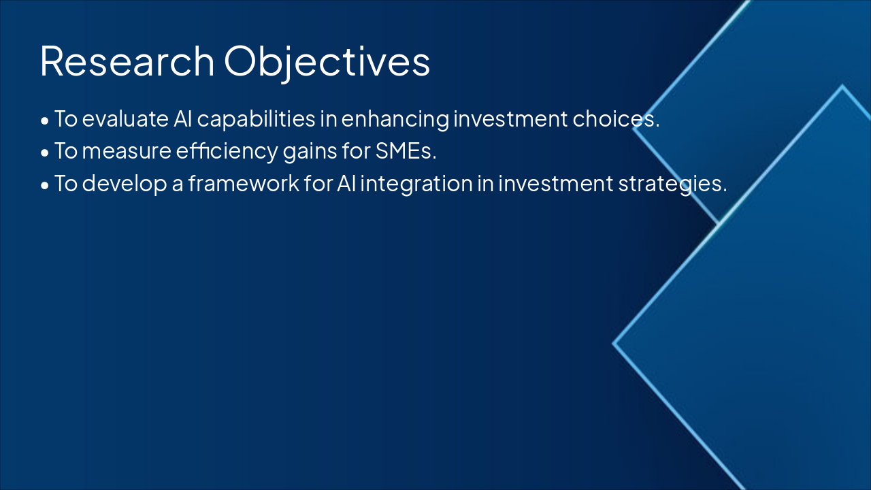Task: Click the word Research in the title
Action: click(127, 61)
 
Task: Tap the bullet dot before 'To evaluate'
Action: click(45, 121)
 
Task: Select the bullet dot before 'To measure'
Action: click(45, 153)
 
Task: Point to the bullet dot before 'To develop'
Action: click(45, 185)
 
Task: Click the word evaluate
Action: click(125, 119)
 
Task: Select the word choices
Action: click(616, 119)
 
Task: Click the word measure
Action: click(127, 151)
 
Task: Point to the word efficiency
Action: click(227, 152)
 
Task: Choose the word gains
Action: click(310, 152)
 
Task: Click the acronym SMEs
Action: click(406, 151)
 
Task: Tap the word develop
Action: click(125, 184)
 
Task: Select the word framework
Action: click(244, 183)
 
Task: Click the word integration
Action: click(416, 184)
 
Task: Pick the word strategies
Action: click(672, 184)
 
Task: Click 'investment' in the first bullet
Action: click(510, 119)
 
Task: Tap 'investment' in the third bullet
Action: click(556, 184)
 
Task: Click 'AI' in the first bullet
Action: click(183, 119)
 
